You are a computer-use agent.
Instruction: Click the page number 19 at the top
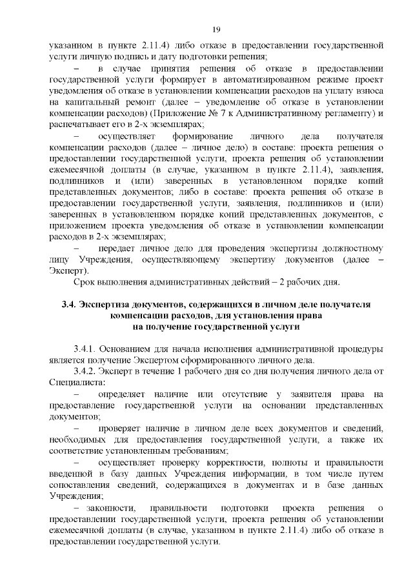[x=216, y=28]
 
